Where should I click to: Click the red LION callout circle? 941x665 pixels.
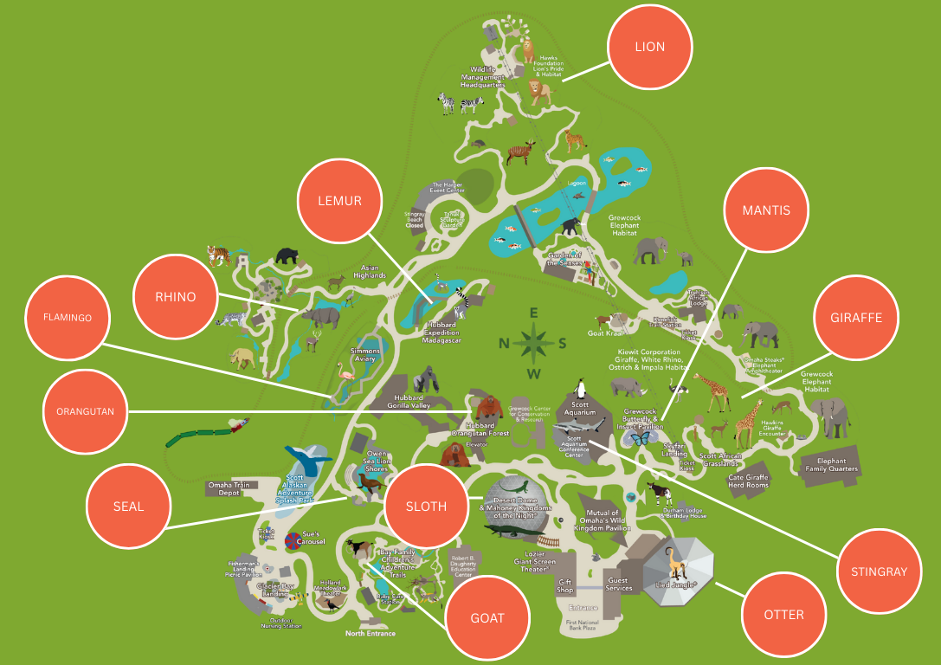coord(650,47)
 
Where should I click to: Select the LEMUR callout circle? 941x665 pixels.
coord(340,201)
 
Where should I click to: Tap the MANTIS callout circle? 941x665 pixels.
coord(766,210)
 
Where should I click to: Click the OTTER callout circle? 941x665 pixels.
coord(784,615)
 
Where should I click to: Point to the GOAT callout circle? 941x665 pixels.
coord(487,618)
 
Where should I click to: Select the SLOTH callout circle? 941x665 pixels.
coord(426,507)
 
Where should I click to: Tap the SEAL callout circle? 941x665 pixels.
coord(128,507)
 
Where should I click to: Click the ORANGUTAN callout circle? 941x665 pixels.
coord(86,411)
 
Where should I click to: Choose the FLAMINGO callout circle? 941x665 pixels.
coord(68,318)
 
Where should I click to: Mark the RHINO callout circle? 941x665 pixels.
coord(176,297)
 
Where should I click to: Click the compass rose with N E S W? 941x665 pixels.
coord(534,342)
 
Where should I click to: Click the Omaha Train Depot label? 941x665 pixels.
coord(229,488)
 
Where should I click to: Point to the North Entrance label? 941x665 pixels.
coord(371,633)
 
